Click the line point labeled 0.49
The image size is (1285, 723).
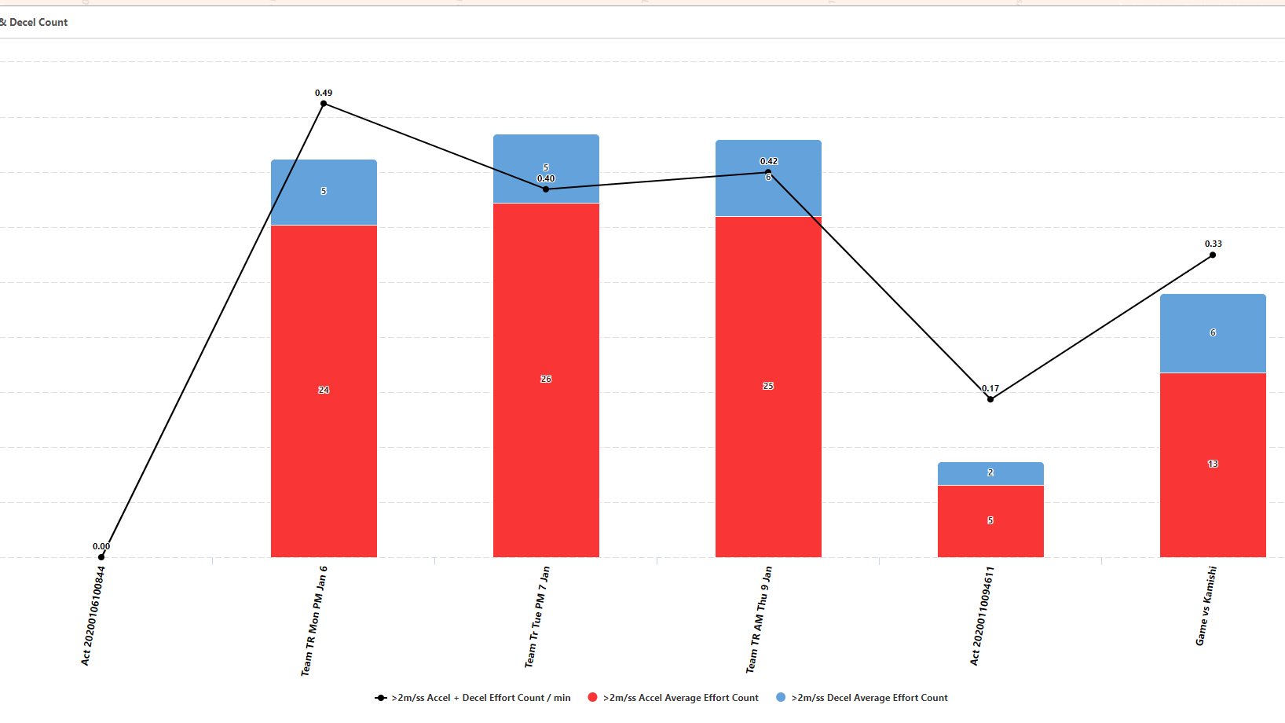tap(324, 104)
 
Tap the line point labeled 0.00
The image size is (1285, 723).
tap(101, 556)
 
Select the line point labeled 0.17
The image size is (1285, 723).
tap(990, 399)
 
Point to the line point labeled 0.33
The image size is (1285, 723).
tap(1213, 255)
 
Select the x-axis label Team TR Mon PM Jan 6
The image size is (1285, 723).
tap(314, 621)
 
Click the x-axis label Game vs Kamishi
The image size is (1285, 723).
tap(1206, 606)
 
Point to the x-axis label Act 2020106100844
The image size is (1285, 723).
tap(93, 616)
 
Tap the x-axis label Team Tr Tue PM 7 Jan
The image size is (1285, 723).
tap(537, 617)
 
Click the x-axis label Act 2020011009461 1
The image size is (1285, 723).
tap(982, 616)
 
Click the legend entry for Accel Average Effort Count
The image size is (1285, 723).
tap(680, 698)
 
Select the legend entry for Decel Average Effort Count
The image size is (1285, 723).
tap(869, 698)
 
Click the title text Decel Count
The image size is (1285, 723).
tap(38, 22)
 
